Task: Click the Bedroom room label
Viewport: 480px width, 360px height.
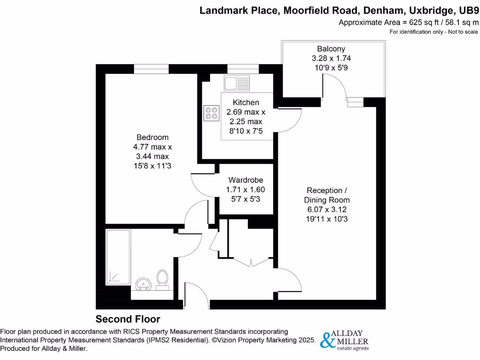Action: pos(152,137)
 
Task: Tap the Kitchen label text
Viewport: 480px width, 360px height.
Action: pos(246,103)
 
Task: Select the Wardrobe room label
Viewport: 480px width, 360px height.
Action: pos(246,180)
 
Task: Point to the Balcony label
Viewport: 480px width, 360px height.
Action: pos(331,49)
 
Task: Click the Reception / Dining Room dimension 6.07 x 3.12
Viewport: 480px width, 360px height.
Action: pos(327,209)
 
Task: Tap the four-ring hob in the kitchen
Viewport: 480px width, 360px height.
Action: pos(211,112)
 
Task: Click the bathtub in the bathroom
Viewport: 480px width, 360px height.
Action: pos(118,257)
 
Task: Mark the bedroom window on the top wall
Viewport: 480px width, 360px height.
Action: pos(151,69)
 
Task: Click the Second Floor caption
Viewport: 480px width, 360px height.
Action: pos(128,319)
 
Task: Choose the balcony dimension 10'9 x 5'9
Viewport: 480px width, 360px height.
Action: pos(331,67)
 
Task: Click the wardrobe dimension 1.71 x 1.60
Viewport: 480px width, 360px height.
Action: pos(246,189)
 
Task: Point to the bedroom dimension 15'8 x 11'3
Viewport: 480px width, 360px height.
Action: pos(152,165)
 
